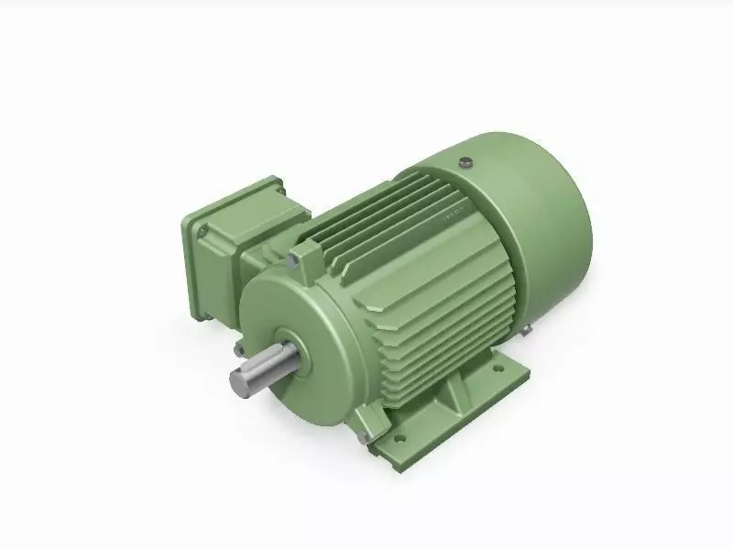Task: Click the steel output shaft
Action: pos(266,368)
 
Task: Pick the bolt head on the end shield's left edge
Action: pos(237,348)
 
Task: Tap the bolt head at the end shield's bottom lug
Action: pos(364,439)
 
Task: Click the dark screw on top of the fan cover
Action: pos(466,163)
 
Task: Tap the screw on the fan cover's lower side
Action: pos(530,330)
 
